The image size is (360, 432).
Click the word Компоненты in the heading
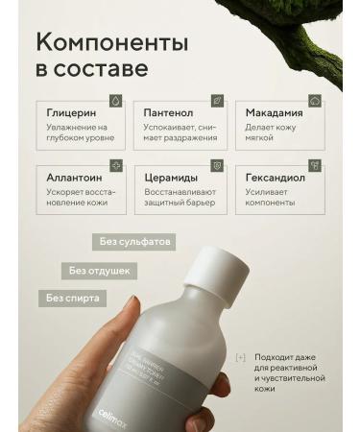click(111, 43)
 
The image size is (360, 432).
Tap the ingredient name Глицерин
click(71, 112)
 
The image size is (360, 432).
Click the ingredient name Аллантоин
click(77, 177)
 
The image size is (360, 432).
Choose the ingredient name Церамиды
click(170, 177)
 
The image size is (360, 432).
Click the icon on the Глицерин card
click(116, 100)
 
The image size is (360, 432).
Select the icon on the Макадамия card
click(314, 100)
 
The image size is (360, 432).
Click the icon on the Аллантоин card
click(116, 165)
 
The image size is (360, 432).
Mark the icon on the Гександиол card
click(314, 165)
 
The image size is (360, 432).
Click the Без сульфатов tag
click(133, 242)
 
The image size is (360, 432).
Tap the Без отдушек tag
click(99, 271)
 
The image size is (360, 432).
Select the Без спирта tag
click(72, 299)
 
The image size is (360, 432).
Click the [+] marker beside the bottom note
click(240, 358)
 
